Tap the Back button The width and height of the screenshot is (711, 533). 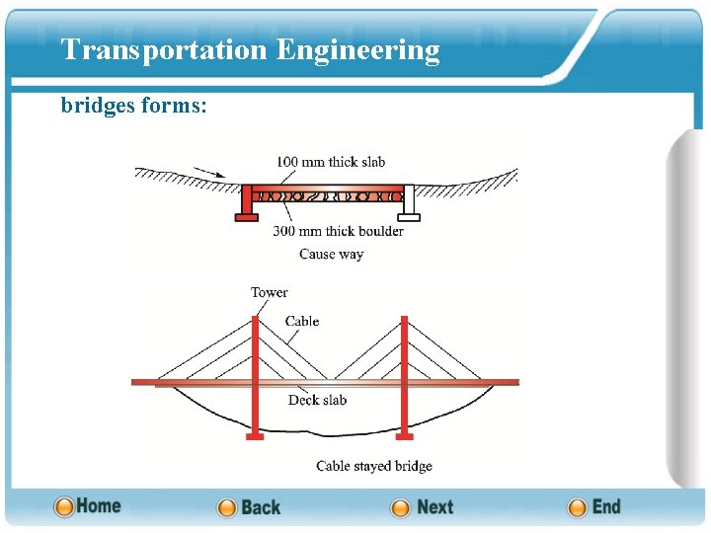click(249, 507)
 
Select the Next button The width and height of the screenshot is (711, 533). click(423, 507)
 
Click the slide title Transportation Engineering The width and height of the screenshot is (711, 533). click(250, 49)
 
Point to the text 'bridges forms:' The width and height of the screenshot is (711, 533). click(133, 105)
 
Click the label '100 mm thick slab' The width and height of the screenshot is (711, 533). click(330, 162)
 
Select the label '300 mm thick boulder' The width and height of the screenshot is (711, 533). click(338, 231)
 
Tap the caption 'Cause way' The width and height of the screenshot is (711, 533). click(331, 254)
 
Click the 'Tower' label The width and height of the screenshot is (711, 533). click(269, 292)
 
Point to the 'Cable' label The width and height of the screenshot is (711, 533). click(302, 321)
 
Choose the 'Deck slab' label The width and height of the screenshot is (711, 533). click(317, 400)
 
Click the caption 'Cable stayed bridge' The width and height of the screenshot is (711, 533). click(373, 466)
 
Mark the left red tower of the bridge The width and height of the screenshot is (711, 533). click(255, 365)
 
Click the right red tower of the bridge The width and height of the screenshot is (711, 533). click(404, 365)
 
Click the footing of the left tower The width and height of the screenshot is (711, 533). click(255, 435)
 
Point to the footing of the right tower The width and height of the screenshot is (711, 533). click(404, 435)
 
